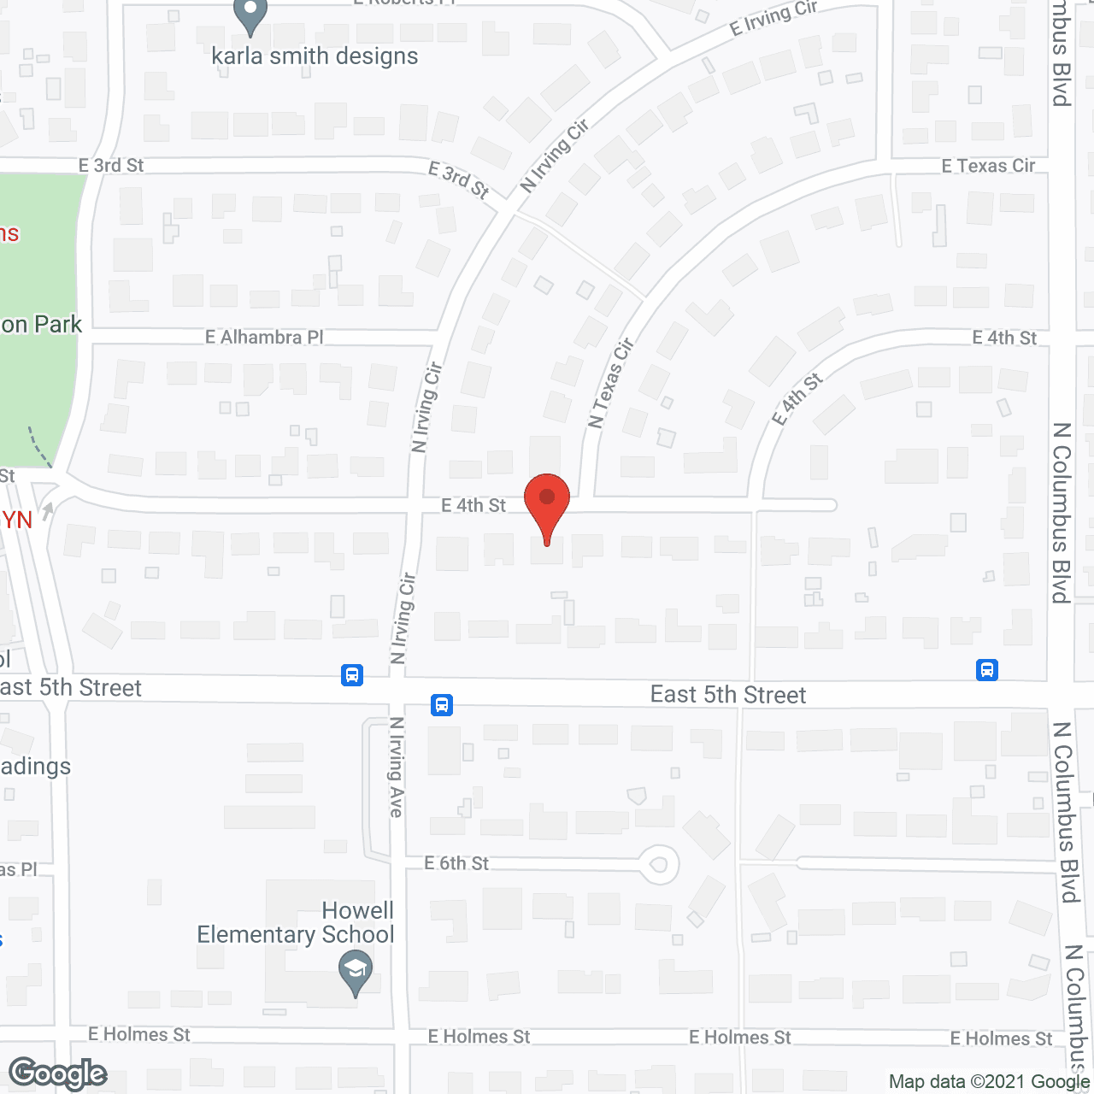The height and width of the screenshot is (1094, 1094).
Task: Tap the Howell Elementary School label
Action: [x=296, y=923]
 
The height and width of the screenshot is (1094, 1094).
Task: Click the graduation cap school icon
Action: [x=355, y=973]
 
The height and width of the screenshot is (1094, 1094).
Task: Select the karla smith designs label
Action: [x=315, y=56]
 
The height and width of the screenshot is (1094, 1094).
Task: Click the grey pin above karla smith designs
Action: [x=250, y=15]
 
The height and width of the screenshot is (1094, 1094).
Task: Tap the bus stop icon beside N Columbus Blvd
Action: [x=987, y=669]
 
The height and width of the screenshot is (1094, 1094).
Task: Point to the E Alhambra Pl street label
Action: [x=264, y=337]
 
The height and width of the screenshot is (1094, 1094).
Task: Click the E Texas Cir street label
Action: [x=988, y=166]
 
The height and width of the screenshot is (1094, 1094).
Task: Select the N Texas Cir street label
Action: [x=611, y=382]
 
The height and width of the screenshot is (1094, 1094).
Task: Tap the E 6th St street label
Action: [x=456, y=863]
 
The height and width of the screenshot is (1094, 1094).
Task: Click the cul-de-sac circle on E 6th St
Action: [x=659, y=864]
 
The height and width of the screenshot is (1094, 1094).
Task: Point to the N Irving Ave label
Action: [x=397, y=767]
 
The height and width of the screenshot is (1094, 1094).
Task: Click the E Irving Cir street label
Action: [x=773, y=18]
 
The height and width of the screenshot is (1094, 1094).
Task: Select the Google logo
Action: [x=58, y=1073]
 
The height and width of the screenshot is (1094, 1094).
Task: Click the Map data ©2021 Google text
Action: [x=990, y=1081]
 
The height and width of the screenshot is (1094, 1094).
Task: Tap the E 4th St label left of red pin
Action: [x=473, y=505]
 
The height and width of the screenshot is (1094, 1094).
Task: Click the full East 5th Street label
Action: [x=728, y=695]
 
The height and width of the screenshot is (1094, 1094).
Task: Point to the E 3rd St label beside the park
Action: [x=111, y=165]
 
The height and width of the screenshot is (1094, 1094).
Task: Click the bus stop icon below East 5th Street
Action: [x=442, y=705]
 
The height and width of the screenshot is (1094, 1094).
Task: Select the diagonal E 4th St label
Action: [x=797, y=398]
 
